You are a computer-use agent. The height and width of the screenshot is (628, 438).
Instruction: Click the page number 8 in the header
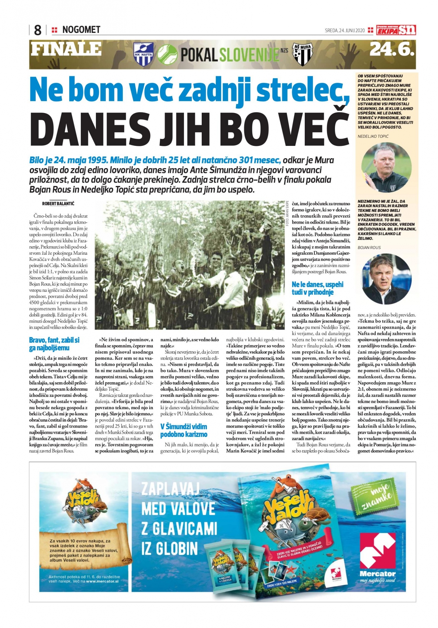tap(38, 30)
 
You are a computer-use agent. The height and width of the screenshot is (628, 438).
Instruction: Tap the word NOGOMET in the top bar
tap(81, 30)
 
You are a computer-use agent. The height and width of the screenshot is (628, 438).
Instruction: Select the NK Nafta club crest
tap(143, 54)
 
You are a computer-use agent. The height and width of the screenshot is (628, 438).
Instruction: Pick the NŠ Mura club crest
tap(301, 54)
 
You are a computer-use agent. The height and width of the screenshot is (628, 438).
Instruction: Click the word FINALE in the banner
tap(66, 49)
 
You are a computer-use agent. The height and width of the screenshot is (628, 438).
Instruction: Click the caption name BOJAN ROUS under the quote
tap(369, 248)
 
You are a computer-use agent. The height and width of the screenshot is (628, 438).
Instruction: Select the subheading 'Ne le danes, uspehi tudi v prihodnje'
tap(317, 288)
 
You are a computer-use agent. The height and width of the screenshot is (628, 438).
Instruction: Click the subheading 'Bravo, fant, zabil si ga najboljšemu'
tap(54, 344)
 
